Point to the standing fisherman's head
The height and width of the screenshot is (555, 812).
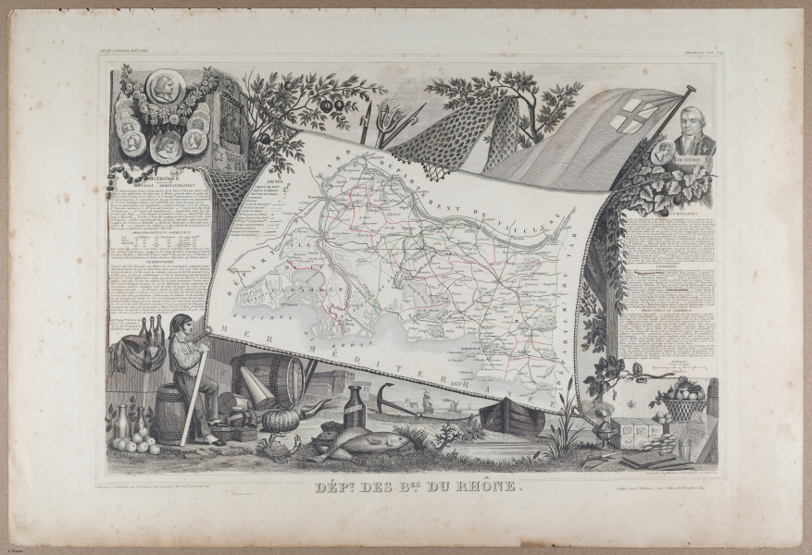pos(181,327)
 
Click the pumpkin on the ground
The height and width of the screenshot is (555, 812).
pos(281,419)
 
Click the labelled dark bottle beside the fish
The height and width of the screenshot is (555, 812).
pos(353,407)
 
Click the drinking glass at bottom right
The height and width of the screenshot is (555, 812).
pos(685,448)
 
